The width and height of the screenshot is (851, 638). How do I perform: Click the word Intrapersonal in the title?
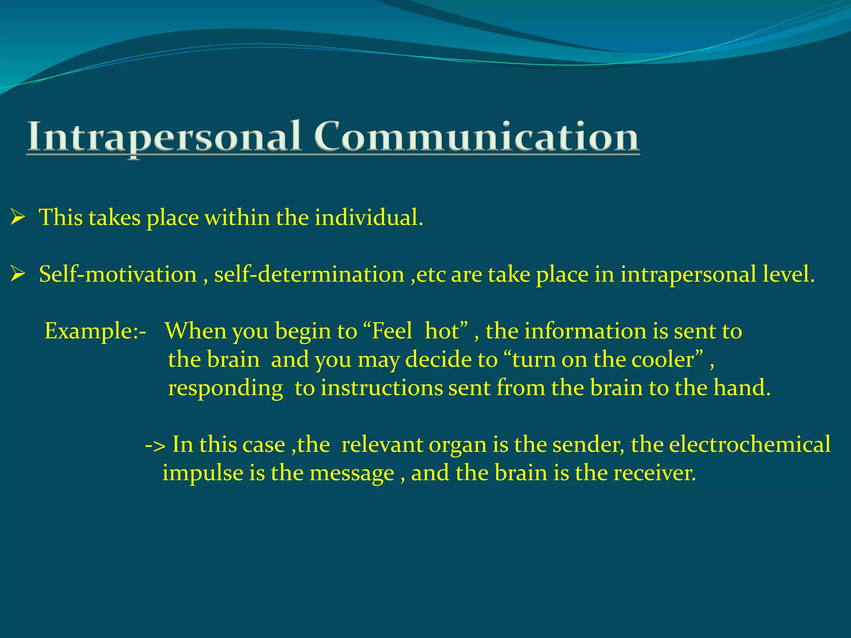pos(164,137)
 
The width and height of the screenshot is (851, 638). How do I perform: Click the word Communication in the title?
pos(476,137)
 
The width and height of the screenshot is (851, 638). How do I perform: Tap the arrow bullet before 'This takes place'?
pos(18,217)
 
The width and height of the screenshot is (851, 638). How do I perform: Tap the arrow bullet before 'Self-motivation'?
pos(18,274)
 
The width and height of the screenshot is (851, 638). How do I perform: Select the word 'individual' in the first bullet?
pos(366,217)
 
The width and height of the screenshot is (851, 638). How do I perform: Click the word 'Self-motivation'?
pos(118,274)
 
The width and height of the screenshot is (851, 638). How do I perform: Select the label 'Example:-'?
pos(95,331)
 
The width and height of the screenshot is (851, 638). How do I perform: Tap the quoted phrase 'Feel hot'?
pos(416,331)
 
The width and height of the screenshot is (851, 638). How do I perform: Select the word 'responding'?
pos(226,388)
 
